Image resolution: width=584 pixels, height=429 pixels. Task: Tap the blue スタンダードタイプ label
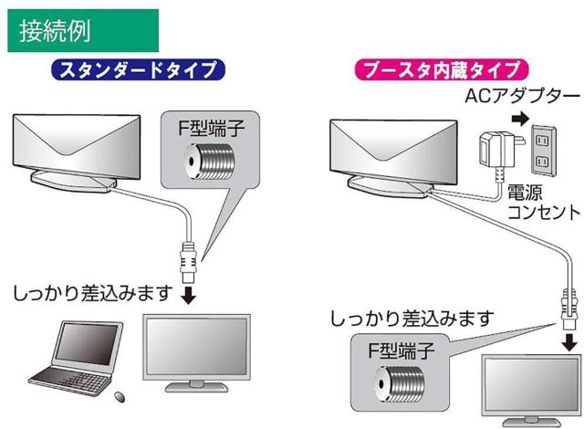tap(139, 70)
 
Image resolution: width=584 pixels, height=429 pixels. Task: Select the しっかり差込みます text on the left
tap(92, 294)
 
